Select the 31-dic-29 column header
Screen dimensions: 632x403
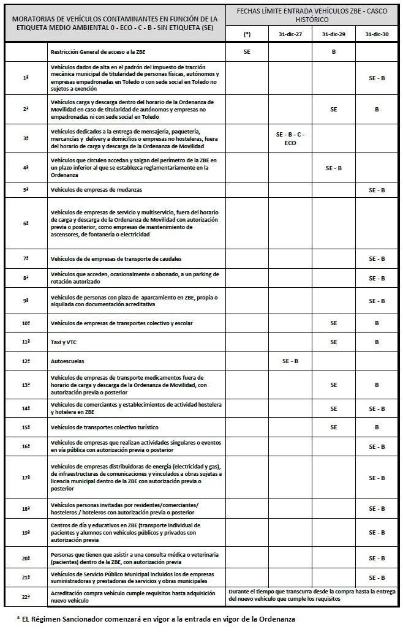(x=333, y=34)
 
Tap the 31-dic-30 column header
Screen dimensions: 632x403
(x=377, y=34)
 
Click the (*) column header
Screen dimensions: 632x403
(x=247, y=34)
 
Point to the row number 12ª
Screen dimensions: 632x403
(x=26, y=361)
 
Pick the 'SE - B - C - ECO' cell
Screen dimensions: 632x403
(x=290, y=138)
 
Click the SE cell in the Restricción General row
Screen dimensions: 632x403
(x=247, y=53)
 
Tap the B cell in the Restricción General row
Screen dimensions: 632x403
(x=333, y=53)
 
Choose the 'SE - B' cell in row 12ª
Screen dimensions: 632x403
(x=290, y=361)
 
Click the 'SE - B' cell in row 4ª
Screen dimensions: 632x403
(x=333, y=168)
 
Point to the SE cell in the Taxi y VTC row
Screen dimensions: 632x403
(x=333, y=342)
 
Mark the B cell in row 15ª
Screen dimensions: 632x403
(x=377, y=427)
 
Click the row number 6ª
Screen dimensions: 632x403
(x=26, y=224)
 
